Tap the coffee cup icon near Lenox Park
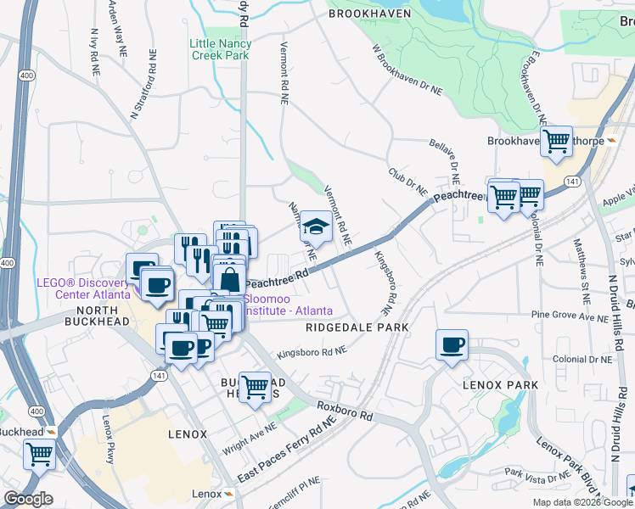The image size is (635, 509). [x=452, y=345]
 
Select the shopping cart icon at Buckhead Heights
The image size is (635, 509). [x=255, y=388]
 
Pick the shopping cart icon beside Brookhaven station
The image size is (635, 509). [x=557, y=142]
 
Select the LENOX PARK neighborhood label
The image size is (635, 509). [x=500, y=385]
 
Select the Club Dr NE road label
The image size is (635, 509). [x=407, y=178]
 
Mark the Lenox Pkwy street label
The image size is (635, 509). [x=108, y=438]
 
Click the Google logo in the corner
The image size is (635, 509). [x=28, y=500]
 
